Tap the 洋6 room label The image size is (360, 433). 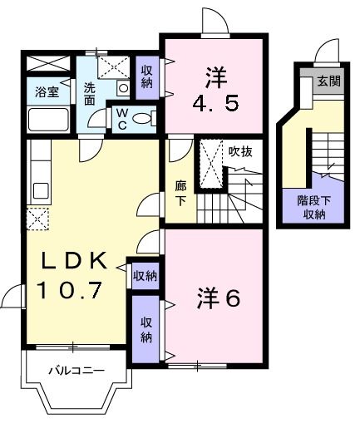tap(218, 297)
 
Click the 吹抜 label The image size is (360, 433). tap(240, 150)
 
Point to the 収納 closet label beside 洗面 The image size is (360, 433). tap(147, 76)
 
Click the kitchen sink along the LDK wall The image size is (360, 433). tap(40, 189)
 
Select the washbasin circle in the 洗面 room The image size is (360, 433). tap(123, 87)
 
